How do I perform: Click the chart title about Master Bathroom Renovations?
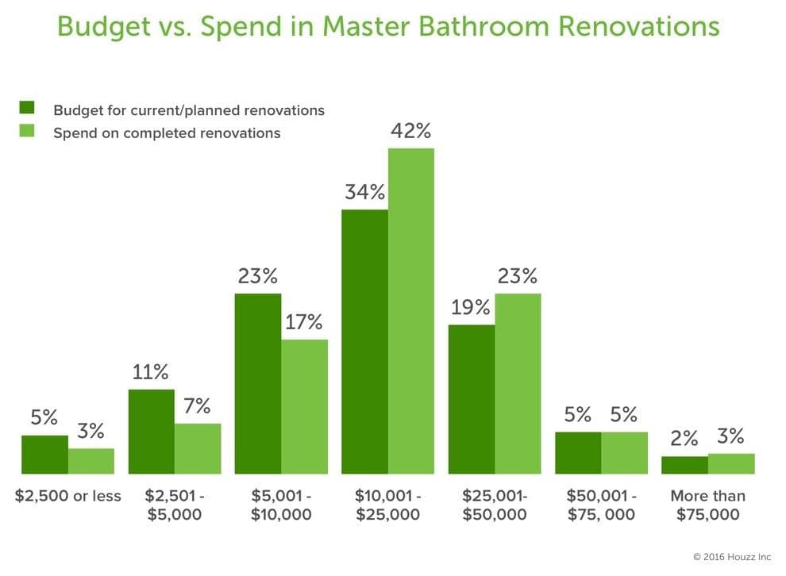coord(388,27)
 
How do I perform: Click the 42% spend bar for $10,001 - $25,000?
coord(411,311)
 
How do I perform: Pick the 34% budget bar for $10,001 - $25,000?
coord(364,341)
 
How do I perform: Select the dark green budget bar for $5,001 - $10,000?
coord(258,383)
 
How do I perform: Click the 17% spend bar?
coord(304,406)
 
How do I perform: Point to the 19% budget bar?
coord(471,399)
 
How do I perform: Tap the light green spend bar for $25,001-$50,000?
coord(518,383)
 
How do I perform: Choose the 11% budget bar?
coord(151,431)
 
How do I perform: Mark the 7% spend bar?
coord(198,448)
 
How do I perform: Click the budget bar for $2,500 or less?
coord(44,454)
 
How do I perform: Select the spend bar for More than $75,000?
coord(731,463)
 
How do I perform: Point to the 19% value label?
coord(471,307)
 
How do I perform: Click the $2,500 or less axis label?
coord(68,496)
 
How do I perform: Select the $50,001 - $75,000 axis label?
coord(601,505)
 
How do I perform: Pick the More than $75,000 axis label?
coord(708,505)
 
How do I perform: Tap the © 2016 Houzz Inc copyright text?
coord(730,557)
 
